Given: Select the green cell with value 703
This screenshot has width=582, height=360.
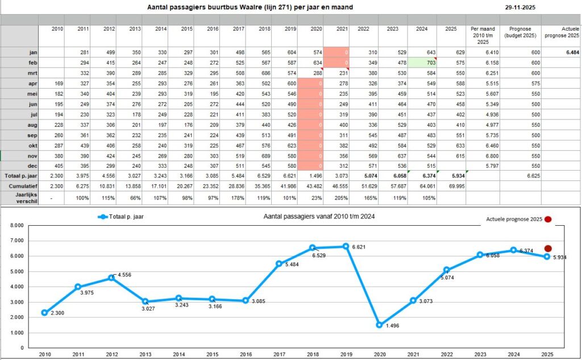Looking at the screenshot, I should [422, 62].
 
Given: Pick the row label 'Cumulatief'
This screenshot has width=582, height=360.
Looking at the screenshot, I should [19, 185].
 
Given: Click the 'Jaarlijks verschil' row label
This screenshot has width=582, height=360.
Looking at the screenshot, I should [19, 196].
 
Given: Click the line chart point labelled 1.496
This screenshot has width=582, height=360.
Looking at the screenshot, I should [379, 325].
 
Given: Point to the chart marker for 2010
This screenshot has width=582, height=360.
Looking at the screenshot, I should [44, 312].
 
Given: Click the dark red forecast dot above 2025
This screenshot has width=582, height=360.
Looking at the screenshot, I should [548, 249].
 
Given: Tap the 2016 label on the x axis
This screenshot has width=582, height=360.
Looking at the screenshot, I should [246, 354].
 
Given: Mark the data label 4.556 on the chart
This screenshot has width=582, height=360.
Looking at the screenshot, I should [124, 275].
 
